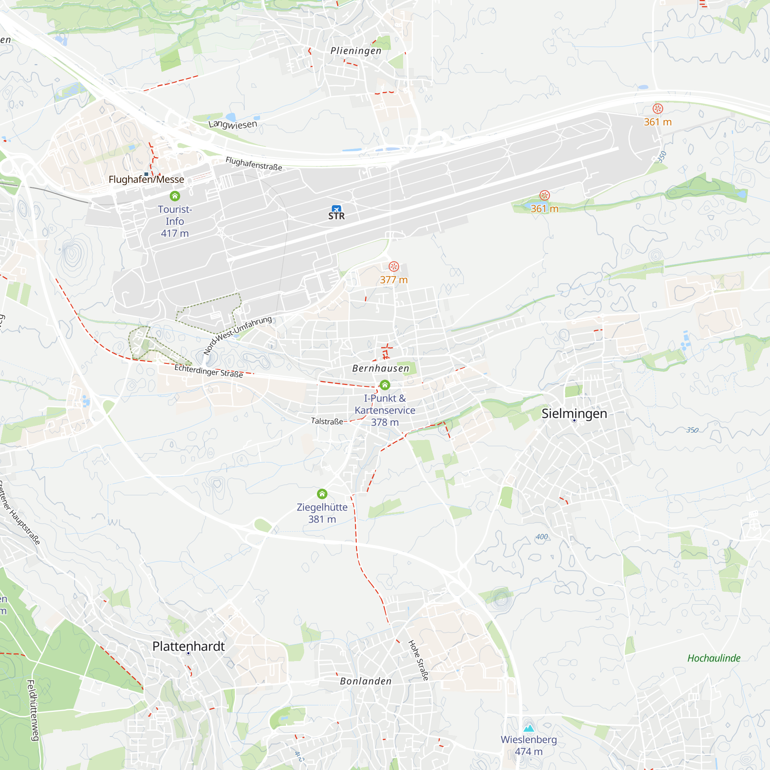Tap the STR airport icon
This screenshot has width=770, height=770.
[x=336, y=209]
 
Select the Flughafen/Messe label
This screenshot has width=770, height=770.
[x=146, y=179]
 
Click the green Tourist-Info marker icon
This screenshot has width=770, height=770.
[x=175, y=196]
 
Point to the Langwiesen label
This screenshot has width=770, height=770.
[x=233, y=124]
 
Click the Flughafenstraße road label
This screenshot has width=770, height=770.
[x=254, y=163]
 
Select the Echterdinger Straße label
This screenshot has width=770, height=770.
[x=209, y=371]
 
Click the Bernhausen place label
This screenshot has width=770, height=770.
[x=381, y=369]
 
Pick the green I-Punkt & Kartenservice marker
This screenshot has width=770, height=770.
[x=385, y=385]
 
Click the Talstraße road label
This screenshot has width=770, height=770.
[x=327, y=421]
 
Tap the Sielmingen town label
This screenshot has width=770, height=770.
[x=574, y=414]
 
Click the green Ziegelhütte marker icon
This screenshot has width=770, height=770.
[x=322, y=494]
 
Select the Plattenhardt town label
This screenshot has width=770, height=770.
[x=189, y=646]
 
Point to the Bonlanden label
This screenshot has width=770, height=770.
[x=366, y=681]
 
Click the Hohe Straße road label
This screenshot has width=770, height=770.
[x=418, y=660]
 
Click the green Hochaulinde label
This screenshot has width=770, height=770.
[x=714, y=658]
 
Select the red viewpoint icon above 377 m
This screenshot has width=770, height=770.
[x=394, y=267]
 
